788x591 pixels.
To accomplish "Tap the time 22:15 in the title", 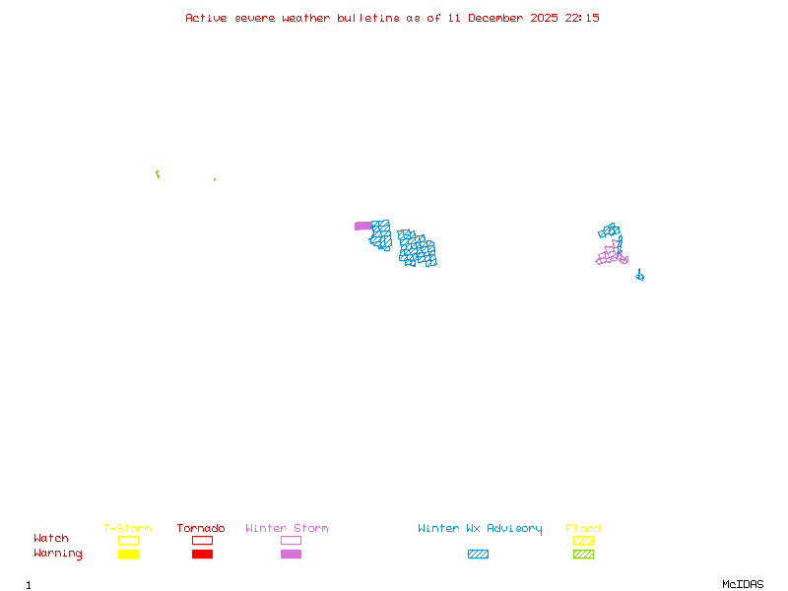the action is coord(583,18).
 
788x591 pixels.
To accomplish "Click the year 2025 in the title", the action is coord(545,18).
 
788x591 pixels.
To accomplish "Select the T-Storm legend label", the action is coord(127,529).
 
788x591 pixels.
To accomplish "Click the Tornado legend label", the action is coord(201,529).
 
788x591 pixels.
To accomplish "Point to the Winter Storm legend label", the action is coord(287,529).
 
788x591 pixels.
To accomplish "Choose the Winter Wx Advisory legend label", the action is coord(480,529).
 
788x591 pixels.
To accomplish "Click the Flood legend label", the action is coord(583,529).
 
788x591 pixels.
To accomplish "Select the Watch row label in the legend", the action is coord(51,539).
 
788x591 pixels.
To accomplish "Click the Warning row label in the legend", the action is coord(58,554).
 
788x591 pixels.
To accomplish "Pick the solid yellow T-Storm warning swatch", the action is coord(128,555).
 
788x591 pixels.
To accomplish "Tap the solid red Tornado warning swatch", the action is coord(202,555).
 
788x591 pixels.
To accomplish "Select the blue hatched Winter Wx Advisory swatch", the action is coord(478,555).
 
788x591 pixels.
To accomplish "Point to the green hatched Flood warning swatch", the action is coord(583,555).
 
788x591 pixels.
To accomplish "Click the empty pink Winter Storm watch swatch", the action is coord(291,540).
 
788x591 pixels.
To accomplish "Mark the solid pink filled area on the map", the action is coord(362,227).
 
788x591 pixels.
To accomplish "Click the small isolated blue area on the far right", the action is coord(640,276).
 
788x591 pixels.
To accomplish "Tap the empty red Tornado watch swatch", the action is coord(202,540).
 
